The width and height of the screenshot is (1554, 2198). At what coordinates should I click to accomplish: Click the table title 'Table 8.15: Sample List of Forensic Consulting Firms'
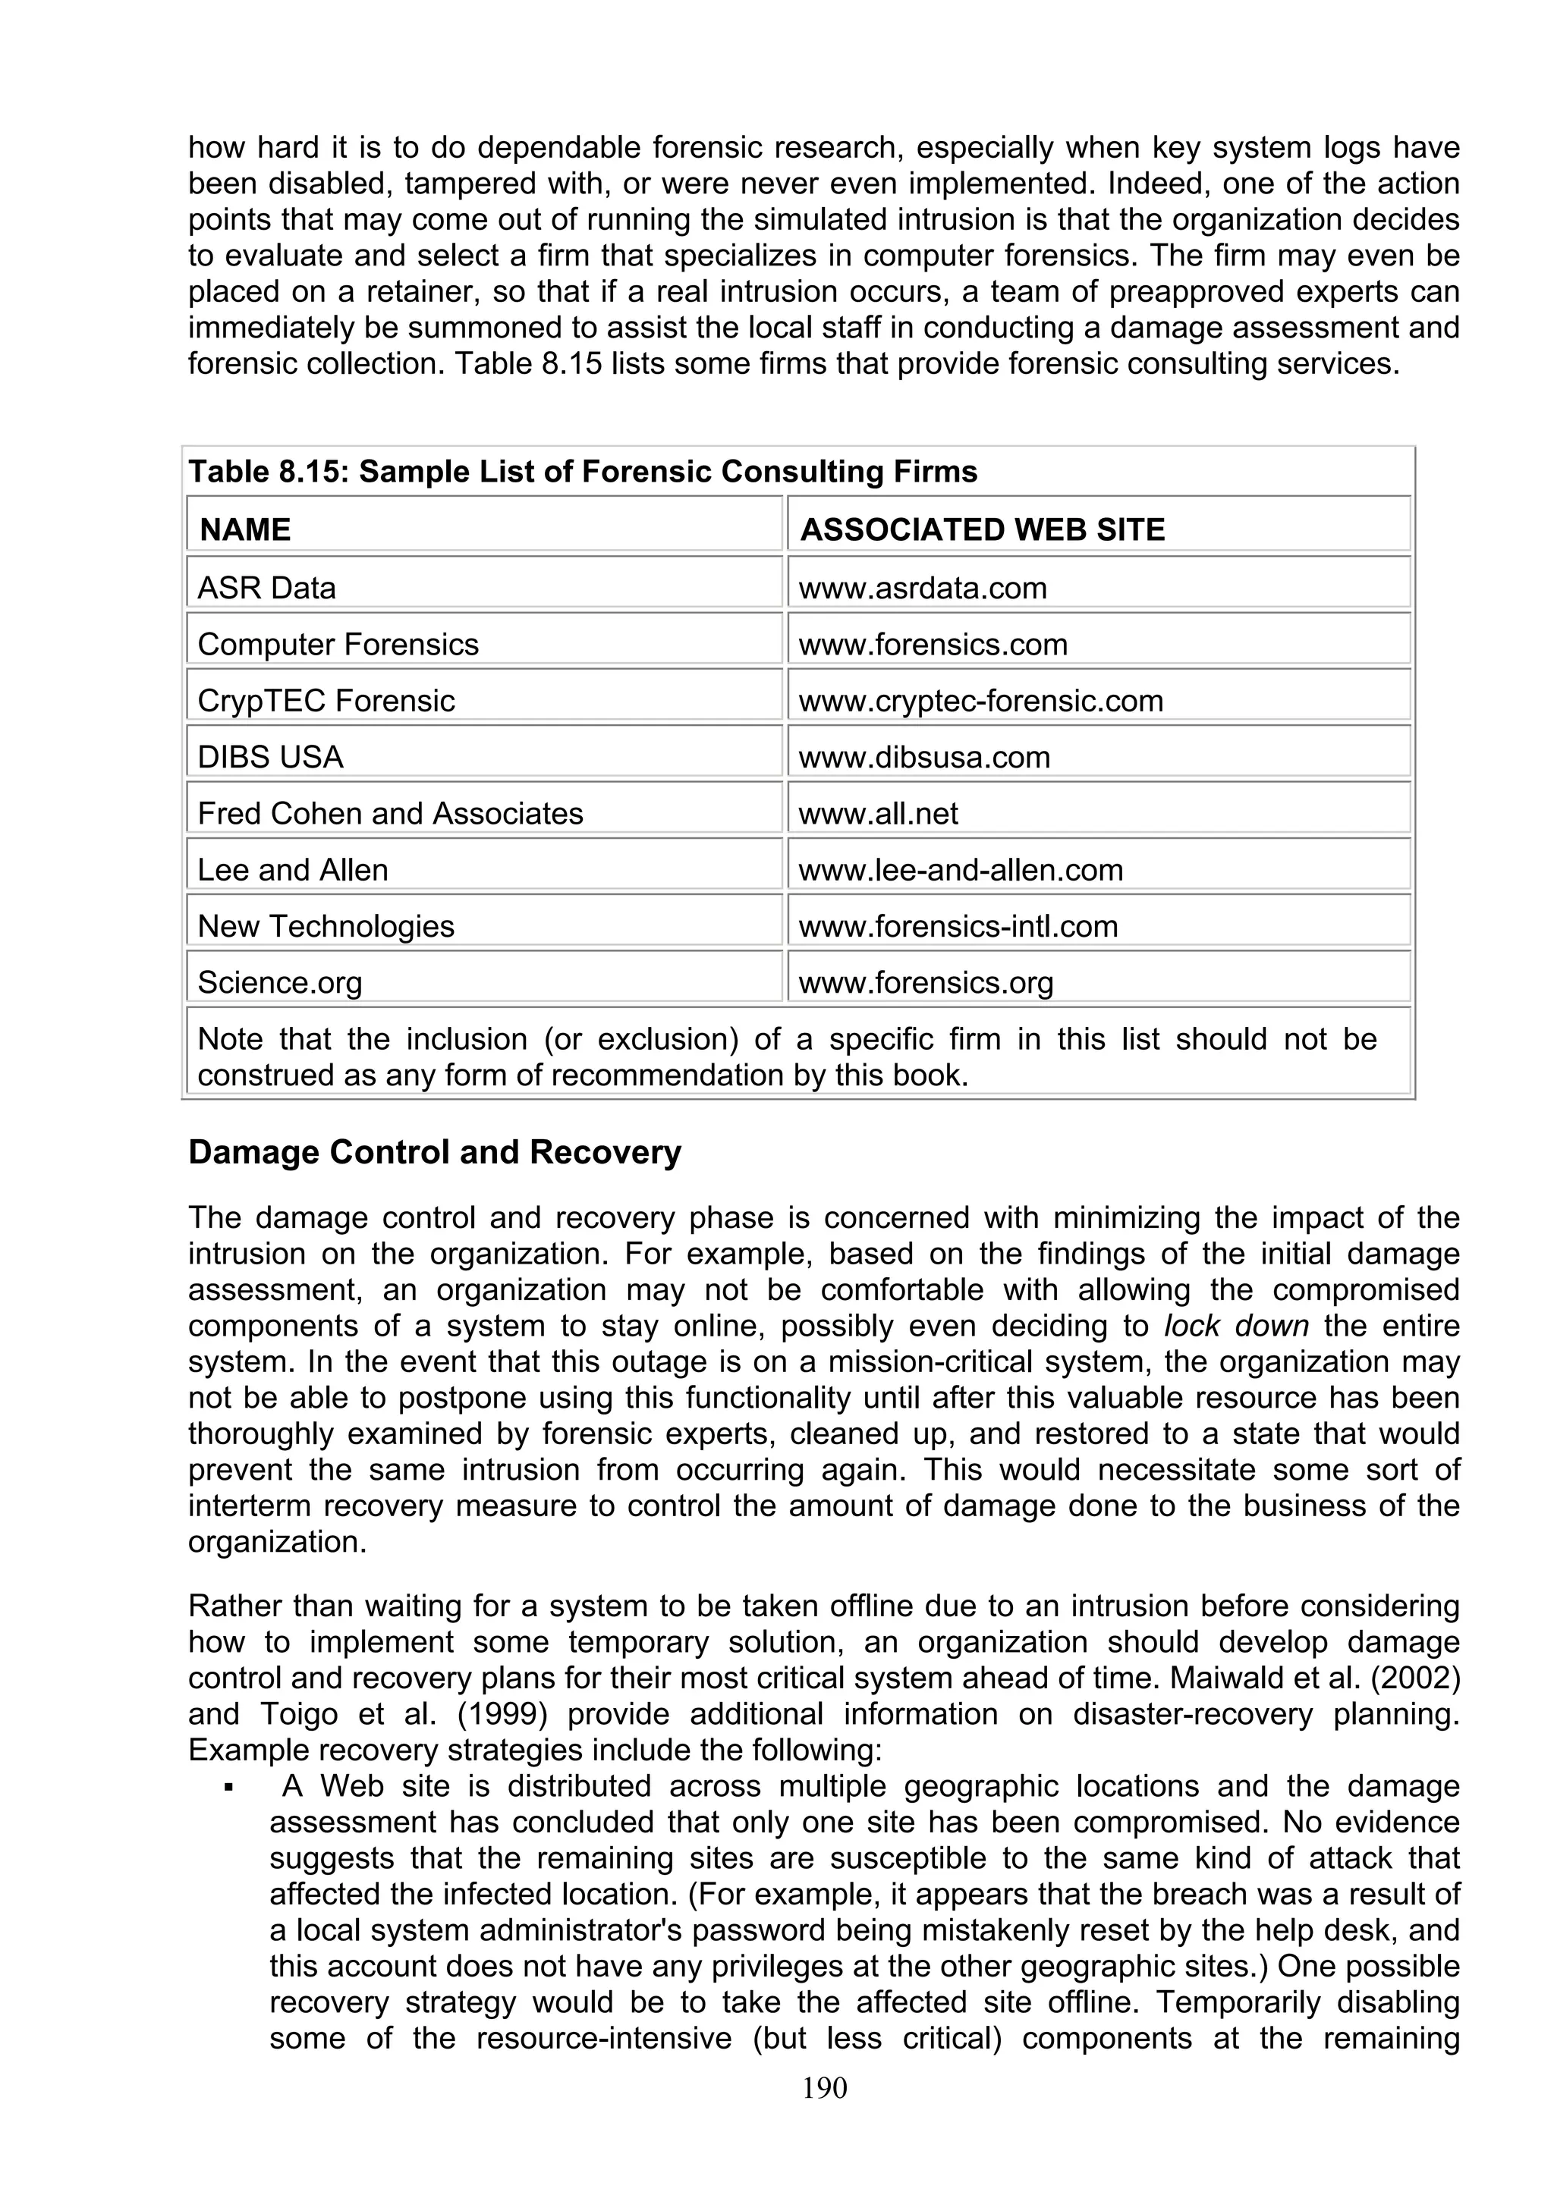[583, 472]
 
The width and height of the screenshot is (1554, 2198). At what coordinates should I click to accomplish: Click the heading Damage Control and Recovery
[435, 1151]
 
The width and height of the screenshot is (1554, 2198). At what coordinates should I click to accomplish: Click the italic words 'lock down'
[1217, 1327]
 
